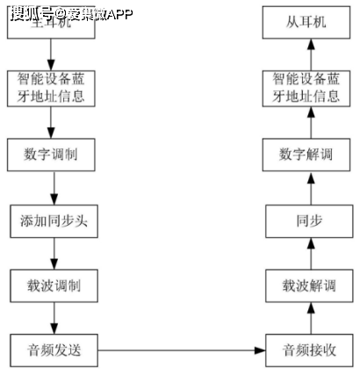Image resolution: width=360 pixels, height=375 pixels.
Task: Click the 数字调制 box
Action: pyautogui.click(x=54, y=154)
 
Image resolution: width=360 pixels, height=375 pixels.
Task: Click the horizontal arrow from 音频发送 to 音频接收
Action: pyautogui.click(x=182, y=350)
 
